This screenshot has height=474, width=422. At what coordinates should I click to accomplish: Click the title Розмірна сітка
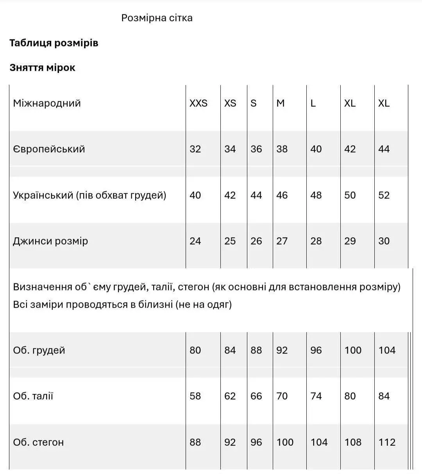157,18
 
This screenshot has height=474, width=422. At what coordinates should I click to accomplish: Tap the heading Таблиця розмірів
54,43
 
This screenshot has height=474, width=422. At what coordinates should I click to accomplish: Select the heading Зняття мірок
42,68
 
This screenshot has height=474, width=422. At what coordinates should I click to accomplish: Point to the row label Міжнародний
47,103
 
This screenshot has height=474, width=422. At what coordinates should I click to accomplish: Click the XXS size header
198,103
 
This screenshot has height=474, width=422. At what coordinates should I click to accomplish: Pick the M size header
281,103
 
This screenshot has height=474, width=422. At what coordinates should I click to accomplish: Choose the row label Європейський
49,149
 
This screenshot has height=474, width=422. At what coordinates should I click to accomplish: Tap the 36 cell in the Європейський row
256,149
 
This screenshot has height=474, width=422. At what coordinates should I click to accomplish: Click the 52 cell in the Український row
384,195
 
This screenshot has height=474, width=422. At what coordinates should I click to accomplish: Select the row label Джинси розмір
50,241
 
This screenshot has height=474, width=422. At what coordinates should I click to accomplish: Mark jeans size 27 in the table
282,241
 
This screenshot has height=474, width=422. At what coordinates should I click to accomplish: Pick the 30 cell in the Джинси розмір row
384,241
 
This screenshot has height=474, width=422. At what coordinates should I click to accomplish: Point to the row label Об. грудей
39,350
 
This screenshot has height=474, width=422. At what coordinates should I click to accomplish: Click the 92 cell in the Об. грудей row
282,350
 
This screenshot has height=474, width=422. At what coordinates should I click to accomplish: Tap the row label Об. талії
33,396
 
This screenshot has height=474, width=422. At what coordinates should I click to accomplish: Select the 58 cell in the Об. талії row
195,396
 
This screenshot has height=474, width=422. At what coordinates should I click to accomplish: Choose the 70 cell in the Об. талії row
282,396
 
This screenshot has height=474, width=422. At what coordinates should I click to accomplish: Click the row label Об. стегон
38,442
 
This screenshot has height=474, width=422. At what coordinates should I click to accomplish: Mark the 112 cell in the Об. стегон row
387,442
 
